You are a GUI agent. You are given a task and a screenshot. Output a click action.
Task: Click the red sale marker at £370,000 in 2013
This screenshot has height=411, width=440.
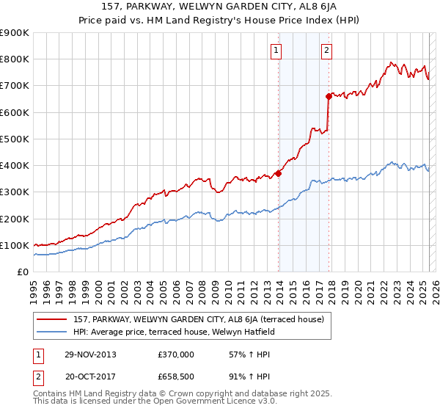[279, 174]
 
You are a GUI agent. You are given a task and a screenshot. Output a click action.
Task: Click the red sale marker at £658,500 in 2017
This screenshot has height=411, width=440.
[329, 96]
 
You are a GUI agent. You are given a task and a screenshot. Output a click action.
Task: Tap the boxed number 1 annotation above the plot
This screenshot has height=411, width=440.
[276, 51]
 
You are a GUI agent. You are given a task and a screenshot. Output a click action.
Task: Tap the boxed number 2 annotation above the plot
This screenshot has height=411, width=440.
[326, 51]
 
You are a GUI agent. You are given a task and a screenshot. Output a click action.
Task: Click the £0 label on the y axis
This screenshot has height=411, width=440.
[22, 272]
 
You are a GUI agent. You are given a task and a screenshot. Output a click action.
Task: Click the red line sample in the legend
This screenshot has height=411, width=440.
[52, 319]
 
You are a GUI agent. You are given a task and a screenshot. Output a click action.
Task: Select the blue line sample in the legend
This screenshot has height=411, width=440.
[52, 332]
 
